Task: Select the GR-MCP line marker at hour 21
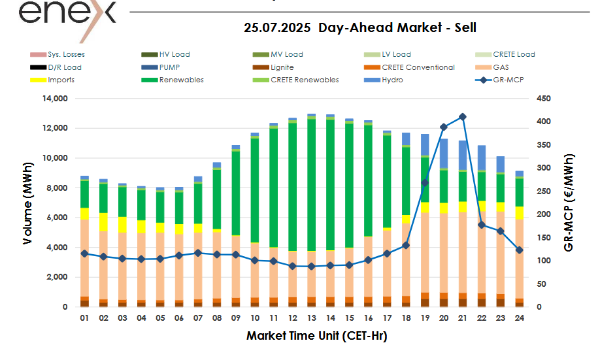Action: click(463, 117)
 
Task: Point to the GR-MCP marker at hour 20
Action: click(444, 127)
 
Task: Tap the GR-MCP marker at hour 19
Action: click(425, 183)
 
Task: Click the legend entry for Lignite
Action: click(282, 67)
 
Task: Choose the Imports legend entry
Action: click(61, 80)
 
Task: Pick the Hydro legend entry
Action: click(393, 80)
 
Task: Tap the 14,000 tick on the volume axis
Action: click(55, 99)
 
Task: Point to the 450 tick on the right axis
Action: click(543, 99)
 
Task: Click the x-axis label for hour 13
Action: click(311, 318)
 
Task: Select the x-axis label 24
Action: click(520, 318)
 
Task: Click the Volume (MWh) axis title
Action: click(28, 203)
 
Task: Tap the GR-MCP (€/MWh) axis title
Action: click(570, 203)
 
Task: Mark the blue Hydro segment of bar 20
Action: click(444, 154)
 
